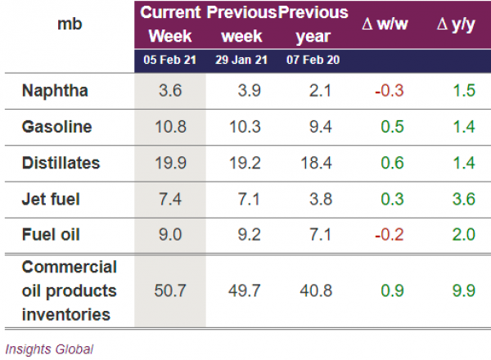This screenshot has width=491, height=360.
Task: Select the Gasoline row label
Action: [57, 127]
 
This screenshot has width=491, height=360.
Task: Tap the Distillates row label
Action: [61, 163]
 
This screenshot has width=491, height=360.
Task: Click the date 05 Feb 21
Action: [170, 60]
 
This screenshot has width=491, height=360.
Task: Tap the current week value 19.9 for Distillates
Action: [170, 163]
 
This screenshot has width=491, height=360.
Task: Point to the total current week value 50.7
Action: [170, 290]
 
